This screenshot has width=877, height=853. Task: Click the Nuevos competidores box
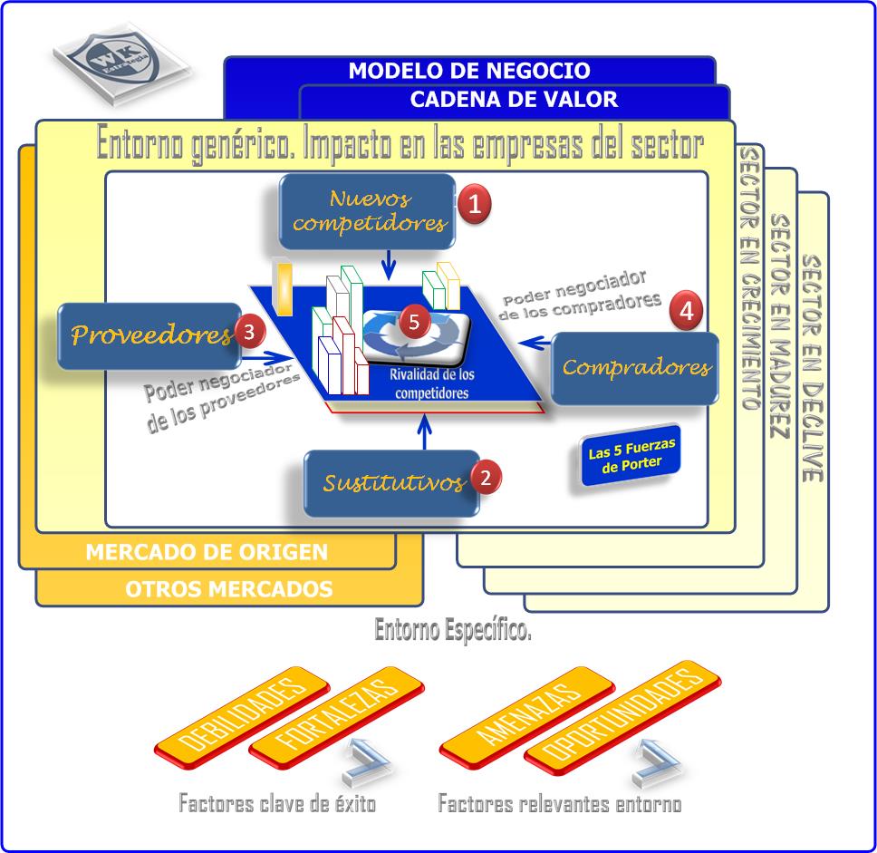tap(366, 211)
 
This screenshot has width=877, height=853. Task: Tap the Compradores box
tap(635, 367)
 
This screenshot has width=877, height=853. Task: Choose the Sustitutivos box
tap(390, 482)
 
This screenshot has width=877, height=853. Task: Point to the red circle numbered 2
tap(486, 477)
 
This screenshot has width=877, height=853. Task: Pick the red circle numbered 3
tap(248, 332)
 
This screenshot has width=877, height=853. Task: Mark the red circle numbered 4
tap(686, 311)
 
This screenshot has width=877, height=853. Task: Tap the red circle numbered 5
tap(414, 321)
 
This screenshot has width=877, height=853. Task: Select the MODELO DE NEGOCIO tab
tap(469, 71)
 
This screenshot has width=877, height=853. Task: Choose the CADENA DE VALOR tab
tap(514, 100)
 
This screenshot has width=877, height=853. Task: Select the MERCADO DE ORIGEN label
tap(207, 552)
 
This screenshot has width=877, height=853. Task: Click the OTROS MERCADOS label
tap(228, 589)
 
